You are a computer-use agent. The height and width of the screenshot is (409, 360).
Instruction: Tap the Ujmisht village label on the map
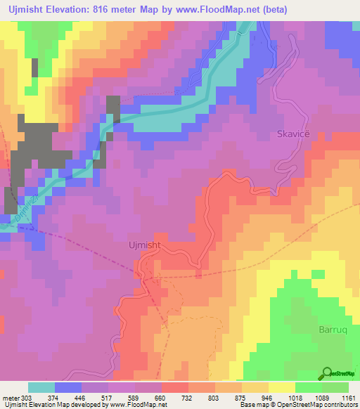pos(166,245)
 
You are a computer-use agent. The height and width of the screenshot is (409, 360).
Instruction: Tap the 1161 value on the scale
pos(348,398)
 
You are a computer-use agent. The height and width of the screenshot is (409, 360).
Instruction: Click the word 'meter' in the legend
pos(11,398)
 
